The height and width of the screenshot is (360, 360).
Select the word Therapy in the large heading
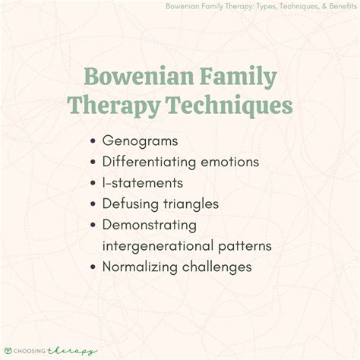pos(110,106)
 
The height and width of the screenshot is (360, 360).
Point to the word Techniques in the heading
pos(226,106)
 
